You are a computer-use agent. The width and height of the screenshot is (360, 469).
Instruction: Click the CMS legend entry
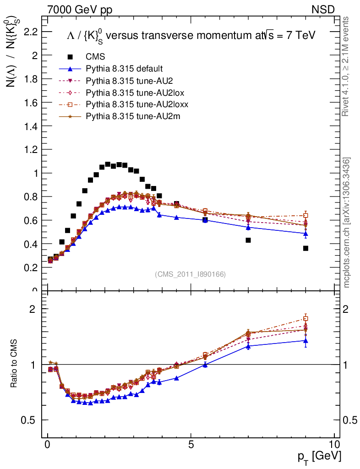click(96, 57)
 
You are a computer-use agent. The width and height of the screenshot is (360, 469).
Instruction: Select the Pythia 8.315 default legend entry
click(124, 69)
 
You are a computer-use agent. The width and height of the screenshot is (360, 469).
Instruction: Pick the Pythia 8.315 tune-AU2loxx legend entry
click(137, 105)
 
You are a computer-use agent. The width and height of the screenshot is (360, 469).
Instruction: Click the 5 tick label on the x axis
click(191, 444)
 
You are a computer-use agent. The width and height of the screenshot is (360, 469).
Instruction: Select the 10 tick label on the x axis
click(334, 444)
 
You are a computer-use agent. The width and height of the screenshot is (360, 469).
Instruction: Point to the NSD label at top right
click(323, 9)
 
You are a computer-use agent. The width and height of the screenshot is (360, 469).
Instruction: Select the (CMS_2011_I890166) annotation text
click(191, 274)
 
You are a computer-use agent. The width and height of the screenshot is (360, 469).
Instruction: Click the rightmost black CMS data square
click(305, 248)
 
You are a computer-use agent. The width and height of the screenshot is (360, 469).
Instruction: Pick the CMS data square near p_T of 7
click(248, 240)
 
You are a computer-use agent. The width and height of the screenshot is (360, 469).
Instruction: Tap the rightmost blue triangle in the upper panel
click(305, 234)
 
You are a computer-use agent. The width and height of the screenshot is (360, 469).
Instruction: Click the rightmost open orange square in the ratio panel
click(305, 318)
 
